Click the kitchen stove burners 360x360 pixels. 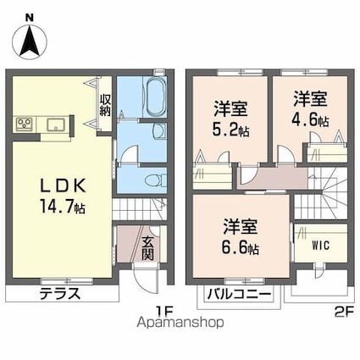click(23, 125)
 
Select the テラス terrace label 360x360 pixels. click(59, 295)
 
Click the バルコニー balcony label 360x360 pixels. click(240, 294)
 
